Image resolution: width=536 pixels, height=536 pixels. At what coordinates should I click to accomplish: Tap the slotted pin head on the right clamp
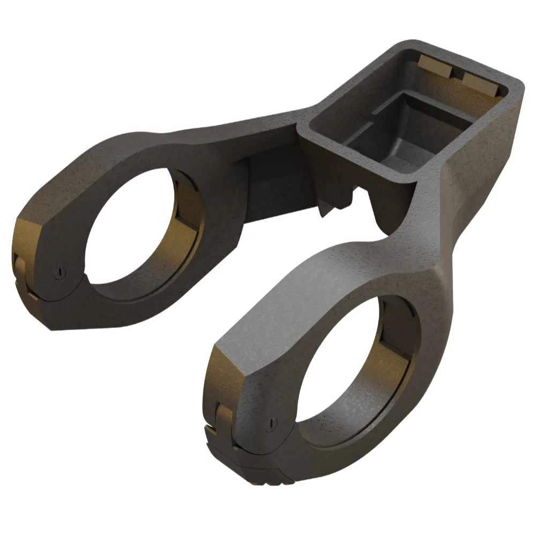click(x=273, y=423)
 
